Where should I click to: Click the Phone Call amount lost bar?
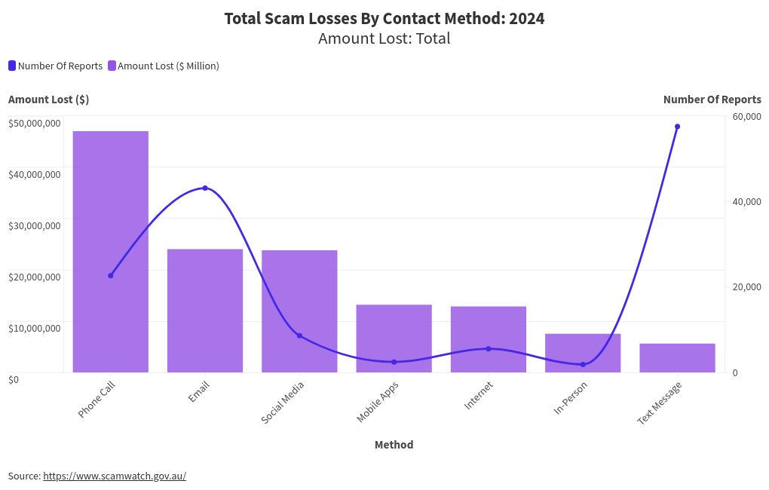(x=110, y=252)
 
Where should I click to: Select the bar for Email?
(x=205, y=311)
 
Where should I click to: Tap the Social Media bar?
(x=299, y=311)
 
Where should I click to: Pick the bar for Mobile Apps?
(x=394, y=338)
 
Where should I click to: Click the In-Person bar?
(x=583, y=353)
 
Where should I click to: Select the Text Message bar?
(x=677, y=358)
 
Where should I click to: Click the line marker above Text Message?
(x=677, y=127)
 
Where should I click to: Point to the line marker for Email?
(x=205, y=188)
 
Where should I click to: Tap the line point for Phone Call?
(x=110, y=276)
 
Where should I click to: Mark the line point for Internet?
(x=489, y=349)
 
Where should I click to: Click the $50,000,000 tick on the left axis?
(x=35, y=123)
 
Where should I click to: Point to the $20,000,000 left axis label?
(x=35, y=277)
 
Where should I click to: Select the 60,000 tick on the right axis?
(x=746, y=116)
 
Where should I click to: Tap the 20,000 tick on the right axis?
(x=746, y=287)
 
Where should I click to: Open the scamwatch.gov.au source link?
(x=114, y=476)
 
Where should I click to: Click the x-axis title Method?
(x=394, y=445)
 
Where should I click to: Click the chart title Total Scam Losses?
(x=384, y=19)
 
